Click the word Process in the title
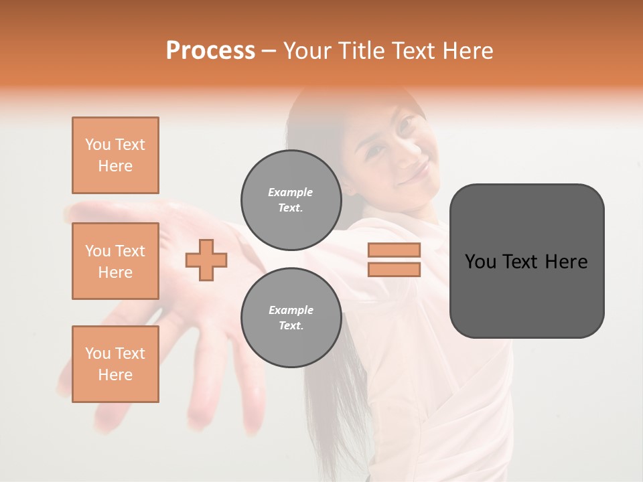pos(210,51)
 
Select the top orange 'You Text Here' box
pos(115,155)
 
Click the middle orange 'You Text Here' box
pos(115,261)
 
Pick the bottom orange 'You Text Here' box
pos(115,364)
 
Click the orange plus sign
pos(206,260)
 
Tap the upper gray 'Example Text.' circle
pos(291,199)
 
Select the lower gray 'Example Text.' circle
pos(291,317)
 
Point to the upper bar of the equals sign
pos(394,250)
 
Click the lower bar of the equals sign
pos(394,269)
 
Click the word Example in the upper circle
pos(291,192)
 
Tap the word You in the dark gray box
pos(480,262)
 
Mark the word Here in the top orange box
pos(115,166)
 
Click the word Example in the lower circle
pos(291,310)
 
